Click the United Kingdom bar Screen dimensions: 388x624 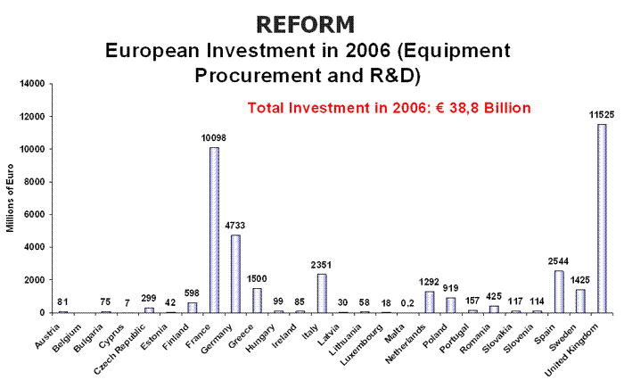click(602, 219)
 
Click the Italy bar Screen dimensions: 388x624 click(322, 293)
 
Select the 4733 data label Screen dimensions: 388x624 click(236, 227)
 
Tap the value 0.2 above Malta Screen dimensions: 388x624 click(406, 303)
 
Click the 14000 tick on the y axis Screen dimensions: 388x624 click(29, 84)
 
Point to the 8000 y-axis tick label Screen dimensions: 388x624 click(32, 182)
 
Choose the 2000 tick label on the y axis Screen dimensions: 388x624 click(32, 280)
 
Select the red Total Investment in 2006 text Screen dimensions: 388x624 click(389, 108)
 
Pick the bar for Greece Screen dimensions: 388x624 click(258, 301)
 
